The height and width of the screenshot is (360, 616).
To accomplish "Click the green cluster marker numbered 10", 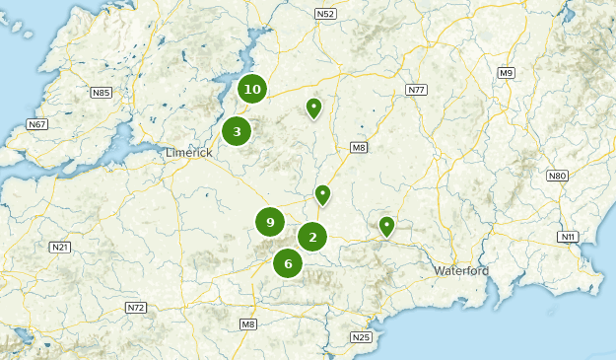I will (252, 90).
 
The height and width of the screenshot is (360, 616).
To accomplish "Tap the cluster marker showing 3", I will (237, 131).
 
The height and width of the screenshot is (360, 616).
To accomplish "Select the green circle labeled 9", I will (270, 223).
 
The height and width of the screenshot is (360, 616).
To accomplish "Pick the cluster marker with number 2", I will (312, 237).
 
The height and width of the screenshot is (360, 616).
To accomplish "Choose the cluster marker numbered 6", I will (288, 263).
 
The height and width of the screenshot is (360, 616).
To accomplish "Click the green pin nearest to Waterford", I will (387, 227).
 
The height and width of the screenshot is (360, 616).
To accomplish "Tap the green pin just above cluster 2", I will (322, 194).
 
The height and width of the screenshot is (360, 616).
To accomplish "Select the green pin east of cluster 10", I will (313, 107).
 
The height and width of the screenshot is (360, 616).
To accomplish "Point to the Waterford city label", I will (461, 270).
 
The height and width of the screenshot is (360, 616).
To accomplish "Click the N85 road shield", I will (101, 93).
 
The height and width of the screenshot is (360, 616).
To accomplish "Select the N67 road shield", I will (37, 124).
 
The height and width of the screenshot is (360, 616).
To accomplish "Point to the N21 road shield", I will (60, 247).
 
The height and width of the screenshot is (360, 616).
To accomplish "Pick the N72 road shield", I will (136, 308).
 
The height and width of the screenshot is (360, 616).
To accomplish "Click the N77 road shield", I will (416, 90).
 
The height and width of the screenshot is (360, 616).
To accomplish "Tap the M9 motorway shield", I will (506, 73).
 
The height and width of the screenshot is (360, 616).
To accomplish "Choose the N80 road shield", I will (558, 176).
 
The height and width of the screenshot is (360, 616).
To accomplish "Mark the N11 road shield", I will (568, 237).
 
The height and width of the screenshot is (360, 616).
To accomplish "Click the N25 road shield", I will (361, 337).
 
